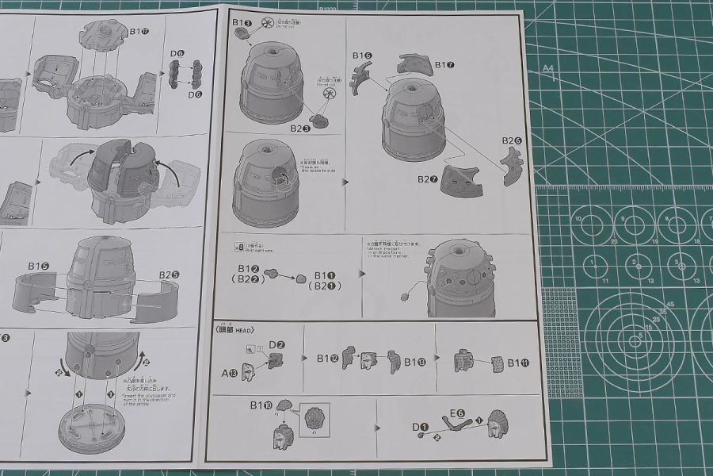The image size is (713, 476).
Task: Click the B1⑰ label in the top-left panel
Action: [x=139, y=31]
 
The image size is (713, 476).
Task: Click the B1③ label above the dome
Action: [x=242, y=24]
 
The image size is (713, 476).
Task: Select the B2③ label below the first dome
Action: [x=299, y=128]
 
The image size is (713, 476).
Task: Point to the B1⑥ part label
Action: [x=362, y=56]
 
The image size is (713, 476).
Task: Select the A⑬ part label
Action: [x=231, y=371]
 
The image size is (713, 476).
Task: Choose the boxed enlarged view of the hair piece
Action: [x=314, y=419]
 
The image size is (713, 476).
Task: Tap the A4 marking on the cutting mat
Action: [x=547, y=69]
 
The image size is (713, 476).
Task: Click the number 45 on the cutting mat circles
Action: [x=670, y=304]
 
